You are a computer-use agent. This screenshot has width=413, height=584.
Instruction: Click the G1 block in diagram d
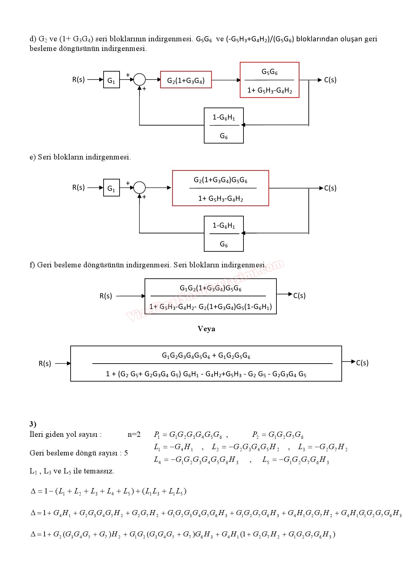tap(111, 80)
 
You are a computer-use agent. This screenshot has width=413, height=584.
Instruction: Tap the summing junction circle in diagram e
tap(140, 188)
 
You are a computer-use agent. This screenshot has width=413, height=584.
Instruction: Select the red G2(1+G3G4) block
tap(186, 80)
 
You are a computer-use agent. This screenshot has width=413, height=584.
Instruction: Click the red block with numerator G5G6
tap(269, 80)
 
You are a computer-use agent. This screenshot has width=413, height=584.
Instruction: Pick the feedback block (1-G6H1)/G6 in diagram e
tap(224, 234)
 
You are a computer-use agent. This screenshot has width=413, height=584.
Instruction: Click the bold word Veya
tap(206, 329)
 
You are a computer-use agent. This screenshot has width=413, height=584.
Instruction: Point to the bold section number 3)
tap(33, 424)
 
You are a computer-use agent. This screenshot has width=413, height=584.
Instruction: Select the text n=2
tap(134, 435)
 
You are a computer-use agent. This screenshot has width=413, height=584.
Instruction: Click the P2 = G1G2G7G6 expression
tap(277, 435)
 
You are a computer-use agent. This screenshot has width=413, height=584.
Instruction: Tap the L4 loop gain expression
tap(196, 460)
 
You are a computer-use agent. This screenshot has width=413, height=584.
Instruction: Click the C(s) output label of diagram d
tap(330, 80)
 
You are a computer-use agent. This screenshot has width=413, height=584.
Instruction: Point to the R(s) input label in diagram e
tap(79, 187)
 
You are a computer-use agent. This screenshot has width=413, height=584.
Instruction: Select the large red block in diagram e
tap(220, 188)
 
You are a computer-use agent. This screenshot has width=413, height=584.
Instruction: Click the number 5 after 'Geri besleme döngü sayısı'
tap(126, 453)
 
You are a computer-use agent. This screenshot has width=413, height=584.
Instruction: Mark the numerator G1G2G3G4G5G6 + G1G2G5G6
tap(206, 356)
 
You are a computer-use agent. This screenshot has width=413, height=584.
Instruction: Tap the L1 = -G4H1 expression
tap(173, 447)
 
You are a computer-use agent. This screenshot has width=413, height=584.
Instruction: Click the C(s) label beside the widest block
tap(362, 363)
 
